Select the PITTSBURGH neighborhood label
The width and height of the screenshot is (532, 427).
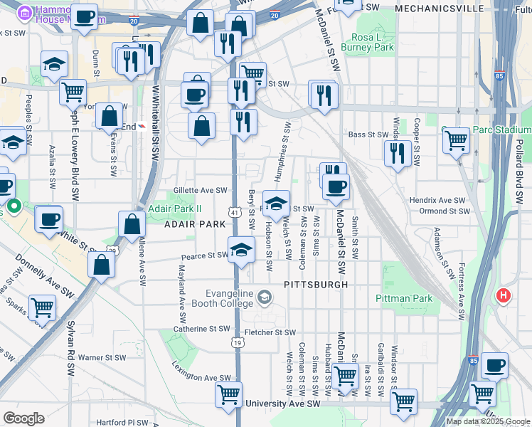[x=316, y=285]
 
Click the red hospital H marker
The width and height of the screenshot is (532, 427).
[x=504, y=295]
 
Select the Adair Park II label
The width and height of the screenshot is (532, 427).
[x=175, y=209]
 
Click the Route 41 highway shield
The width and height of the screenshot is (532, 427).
[x=235, y=212]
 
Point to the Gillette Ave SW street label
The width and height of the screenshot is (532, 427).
[x=200, y=191]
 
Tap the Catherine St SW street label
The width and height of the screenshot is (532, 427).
[x=204, y=329]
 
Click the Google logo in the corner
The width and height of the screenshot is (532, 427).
[x=23, y=418]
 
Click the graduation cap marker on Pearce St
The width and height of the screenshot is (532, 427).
[x=241, y=249]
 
